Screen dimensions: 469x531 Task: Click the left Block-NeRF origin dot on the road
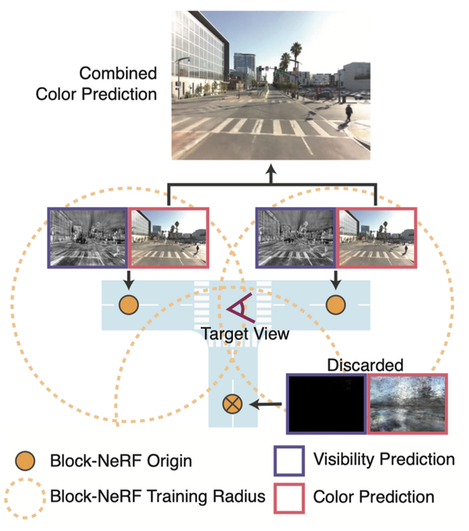point(129,305)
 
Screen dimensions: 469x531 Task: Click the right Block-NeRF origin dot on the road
point(335,305)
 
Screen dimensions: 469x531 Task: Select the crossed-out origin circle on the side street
point(232,404)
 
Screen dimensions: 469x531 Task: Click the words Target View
point(245,334)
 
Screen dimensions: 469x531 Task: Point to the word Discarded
point(365,365)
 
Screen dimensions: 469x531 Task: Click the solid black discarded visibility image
point(327,404)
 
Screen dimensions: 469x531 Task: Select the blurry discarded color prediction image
point(408,404)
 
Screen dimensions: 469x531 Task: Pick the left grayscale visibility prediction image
point(88,238)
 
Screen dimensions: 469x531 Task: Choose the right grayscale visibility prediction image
point(296,238)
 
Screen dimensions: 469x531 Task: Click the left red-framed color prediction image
point(169,238)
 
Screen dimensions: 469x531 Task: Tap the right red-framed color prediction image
point(377,238)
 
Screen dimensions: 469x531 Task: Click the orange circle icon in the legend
point(25,461)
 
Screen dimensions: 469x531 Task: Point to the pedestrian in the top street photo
point(349,113)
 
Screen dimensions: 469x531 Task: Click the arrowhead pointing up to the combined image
point(270,170)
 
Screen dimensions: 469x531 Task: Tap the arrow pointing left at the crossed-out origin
point(265,404)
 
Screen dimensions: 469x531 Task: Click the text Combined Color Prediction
point(96,84)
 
